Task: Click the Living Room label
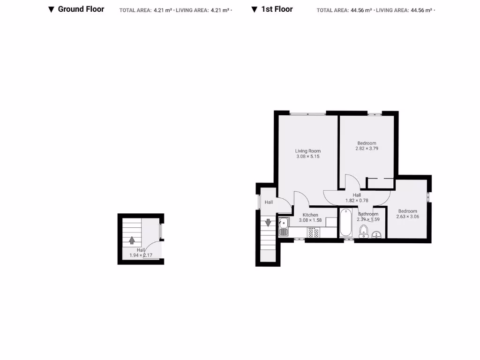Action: (x=307, y=151)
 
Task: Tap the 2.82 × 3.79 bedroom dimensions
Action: (x=367, y=149)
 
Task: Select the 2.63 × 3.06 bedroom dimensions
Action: (x=407, y=217)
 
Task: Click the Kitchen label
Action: (x=310, y=215)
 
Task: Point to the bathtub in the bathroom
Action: (x=346, y=223)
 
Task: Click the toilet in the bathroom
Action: (x=363, y=232)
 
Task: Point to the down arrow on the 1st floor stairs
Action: (x=268, y=223)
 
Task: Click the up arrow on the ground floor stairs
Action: (x=132, y=240)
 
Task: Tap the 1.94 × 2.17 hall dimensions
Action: (x=141, y=255)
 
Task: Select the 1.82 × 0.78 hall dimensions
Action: (x=357, y=201)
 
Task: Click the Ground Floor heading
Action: (x=81, y=9)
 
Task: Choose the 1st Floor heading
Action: (x=277, y=9)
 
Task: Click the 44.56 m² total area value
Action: (x=361, y=10)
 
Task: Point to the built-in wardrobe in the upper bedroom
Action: (x=380, y=183)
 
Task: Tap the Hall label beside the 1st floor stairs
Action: (x=269, y=202)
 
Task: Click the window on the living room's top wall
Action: (x=308, y=113)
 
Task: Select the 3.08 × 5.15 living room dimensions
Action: (x=307, y=157)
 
